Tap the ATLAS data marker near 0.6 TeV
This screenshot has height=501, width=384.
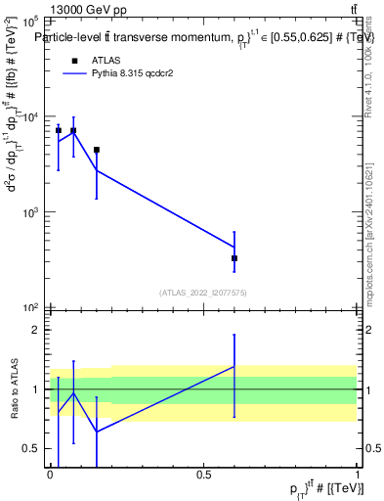pos(235,258)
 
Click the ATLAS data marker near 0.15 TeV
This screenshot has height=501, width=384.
pos(97,150)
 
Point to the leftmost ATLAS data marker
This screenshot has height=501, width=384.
pos(59,130)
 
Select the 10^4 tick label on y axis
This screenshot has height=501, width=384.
pos(29,116)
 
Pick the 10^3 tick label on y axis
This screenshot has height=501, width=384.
pos(29,212)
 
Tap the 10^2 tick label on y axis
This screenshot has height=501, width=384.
pos(29,307)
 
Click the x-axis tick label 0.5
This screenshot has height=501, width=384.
pos(204,475)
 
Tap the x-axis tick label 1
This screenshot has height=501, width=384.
pos(358,475)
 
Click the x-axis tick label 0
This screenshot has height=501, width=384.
pos(51,475)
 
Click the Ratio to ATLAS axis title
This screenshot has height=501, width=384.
pos(13,389)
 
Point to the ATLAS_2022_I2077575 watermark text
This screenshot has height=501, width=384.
pos(204,292)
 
